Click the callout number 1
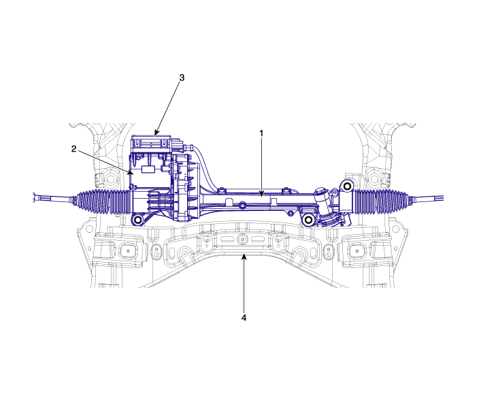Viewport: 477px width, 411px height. pyautogui.click(x=261, y=133)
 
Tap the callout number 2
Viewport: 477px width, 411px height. pyautogui.click(x=74, y=149)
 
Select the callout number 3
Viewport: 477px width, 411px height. pyautogui.click(x=182, y=78)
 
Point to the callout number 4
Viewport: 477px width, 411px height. pyautogui.click(x=244, y=318)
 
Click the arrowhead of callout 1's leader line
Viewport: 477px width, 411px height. pyautogui.click(x=261, y=194)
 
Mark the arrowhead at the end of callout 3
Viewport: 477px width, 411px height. pyautogui.click(x=156, y=132)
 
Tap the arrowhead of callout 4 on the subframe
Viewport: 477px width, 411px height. pyautogui.click(x=244, y=257)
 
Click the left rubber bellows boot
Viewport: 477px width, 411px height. pyautogui.click(x=104, y=201)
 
